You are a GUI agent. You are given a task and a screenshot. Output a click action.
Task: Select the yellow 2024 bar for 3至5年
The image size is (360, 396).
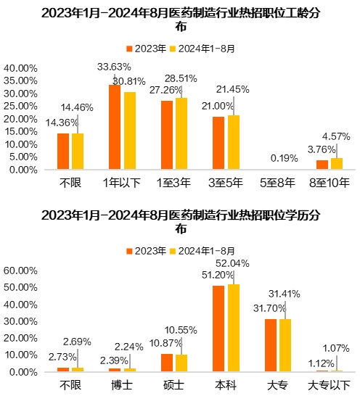[233, 142]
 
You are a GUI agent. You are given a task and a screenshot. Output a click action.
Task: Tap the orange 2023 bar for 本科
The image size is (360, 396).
[218, 329]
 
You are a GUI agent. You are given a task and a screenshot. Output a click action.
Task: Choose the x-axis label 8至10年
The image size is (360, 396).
[329, 184]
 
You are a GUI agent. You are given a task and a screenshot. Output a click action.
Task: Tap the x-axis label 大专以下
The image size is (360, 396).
[329, 384]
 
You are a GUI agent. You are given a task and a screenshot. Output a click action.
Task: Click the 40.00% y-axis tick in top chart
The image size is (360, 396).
[22, 68]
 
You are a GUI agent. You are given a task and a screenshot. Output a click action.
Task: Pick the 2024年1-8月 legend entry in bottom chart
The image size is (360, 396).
[202, 250]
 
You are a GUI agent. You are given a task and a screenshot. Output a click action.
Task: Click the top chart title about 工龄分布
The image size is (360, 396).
[180, 20]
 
